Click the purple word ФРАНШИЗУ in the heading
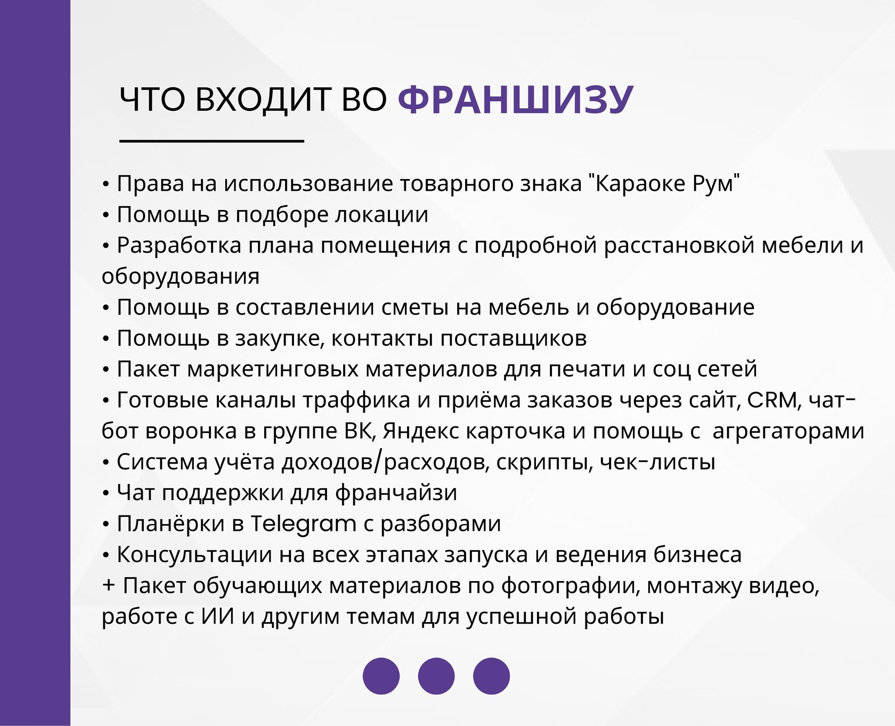coord(515,100)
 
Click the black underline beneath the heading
coord(211,141)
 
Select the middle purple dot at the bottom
coord(436,676)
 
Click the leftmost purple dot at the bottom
coord(381,676)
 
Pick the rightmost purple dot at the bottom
coord(491,676)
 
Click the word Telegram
coord(303,524)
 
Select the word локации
coord(381,215)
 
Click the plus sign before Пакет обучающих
coord(109,585)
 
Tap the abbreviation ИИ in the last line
coord(217,616)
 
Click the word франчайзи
coord(396,493)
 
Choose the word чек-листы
coord(657,462)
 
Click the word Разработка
coord(179,246)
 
